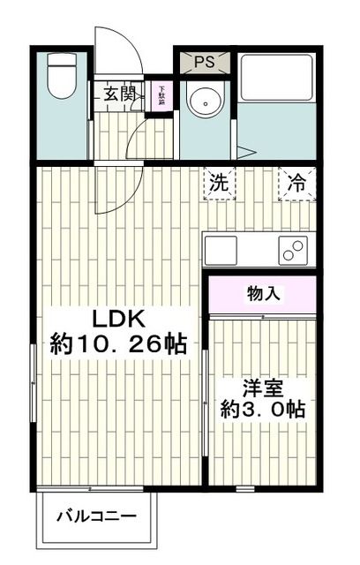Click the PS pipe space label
point(205,62)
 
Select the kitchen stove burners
point(290,250)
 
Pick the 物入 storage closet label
point(263,293)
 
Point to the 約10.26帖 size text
point(118,345)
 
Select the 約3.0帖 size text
point(262,410)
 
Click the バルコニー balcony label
point(97,516)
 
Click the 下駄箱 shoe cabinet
point(161,94)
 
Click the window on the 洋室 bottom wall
point(244,489)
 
